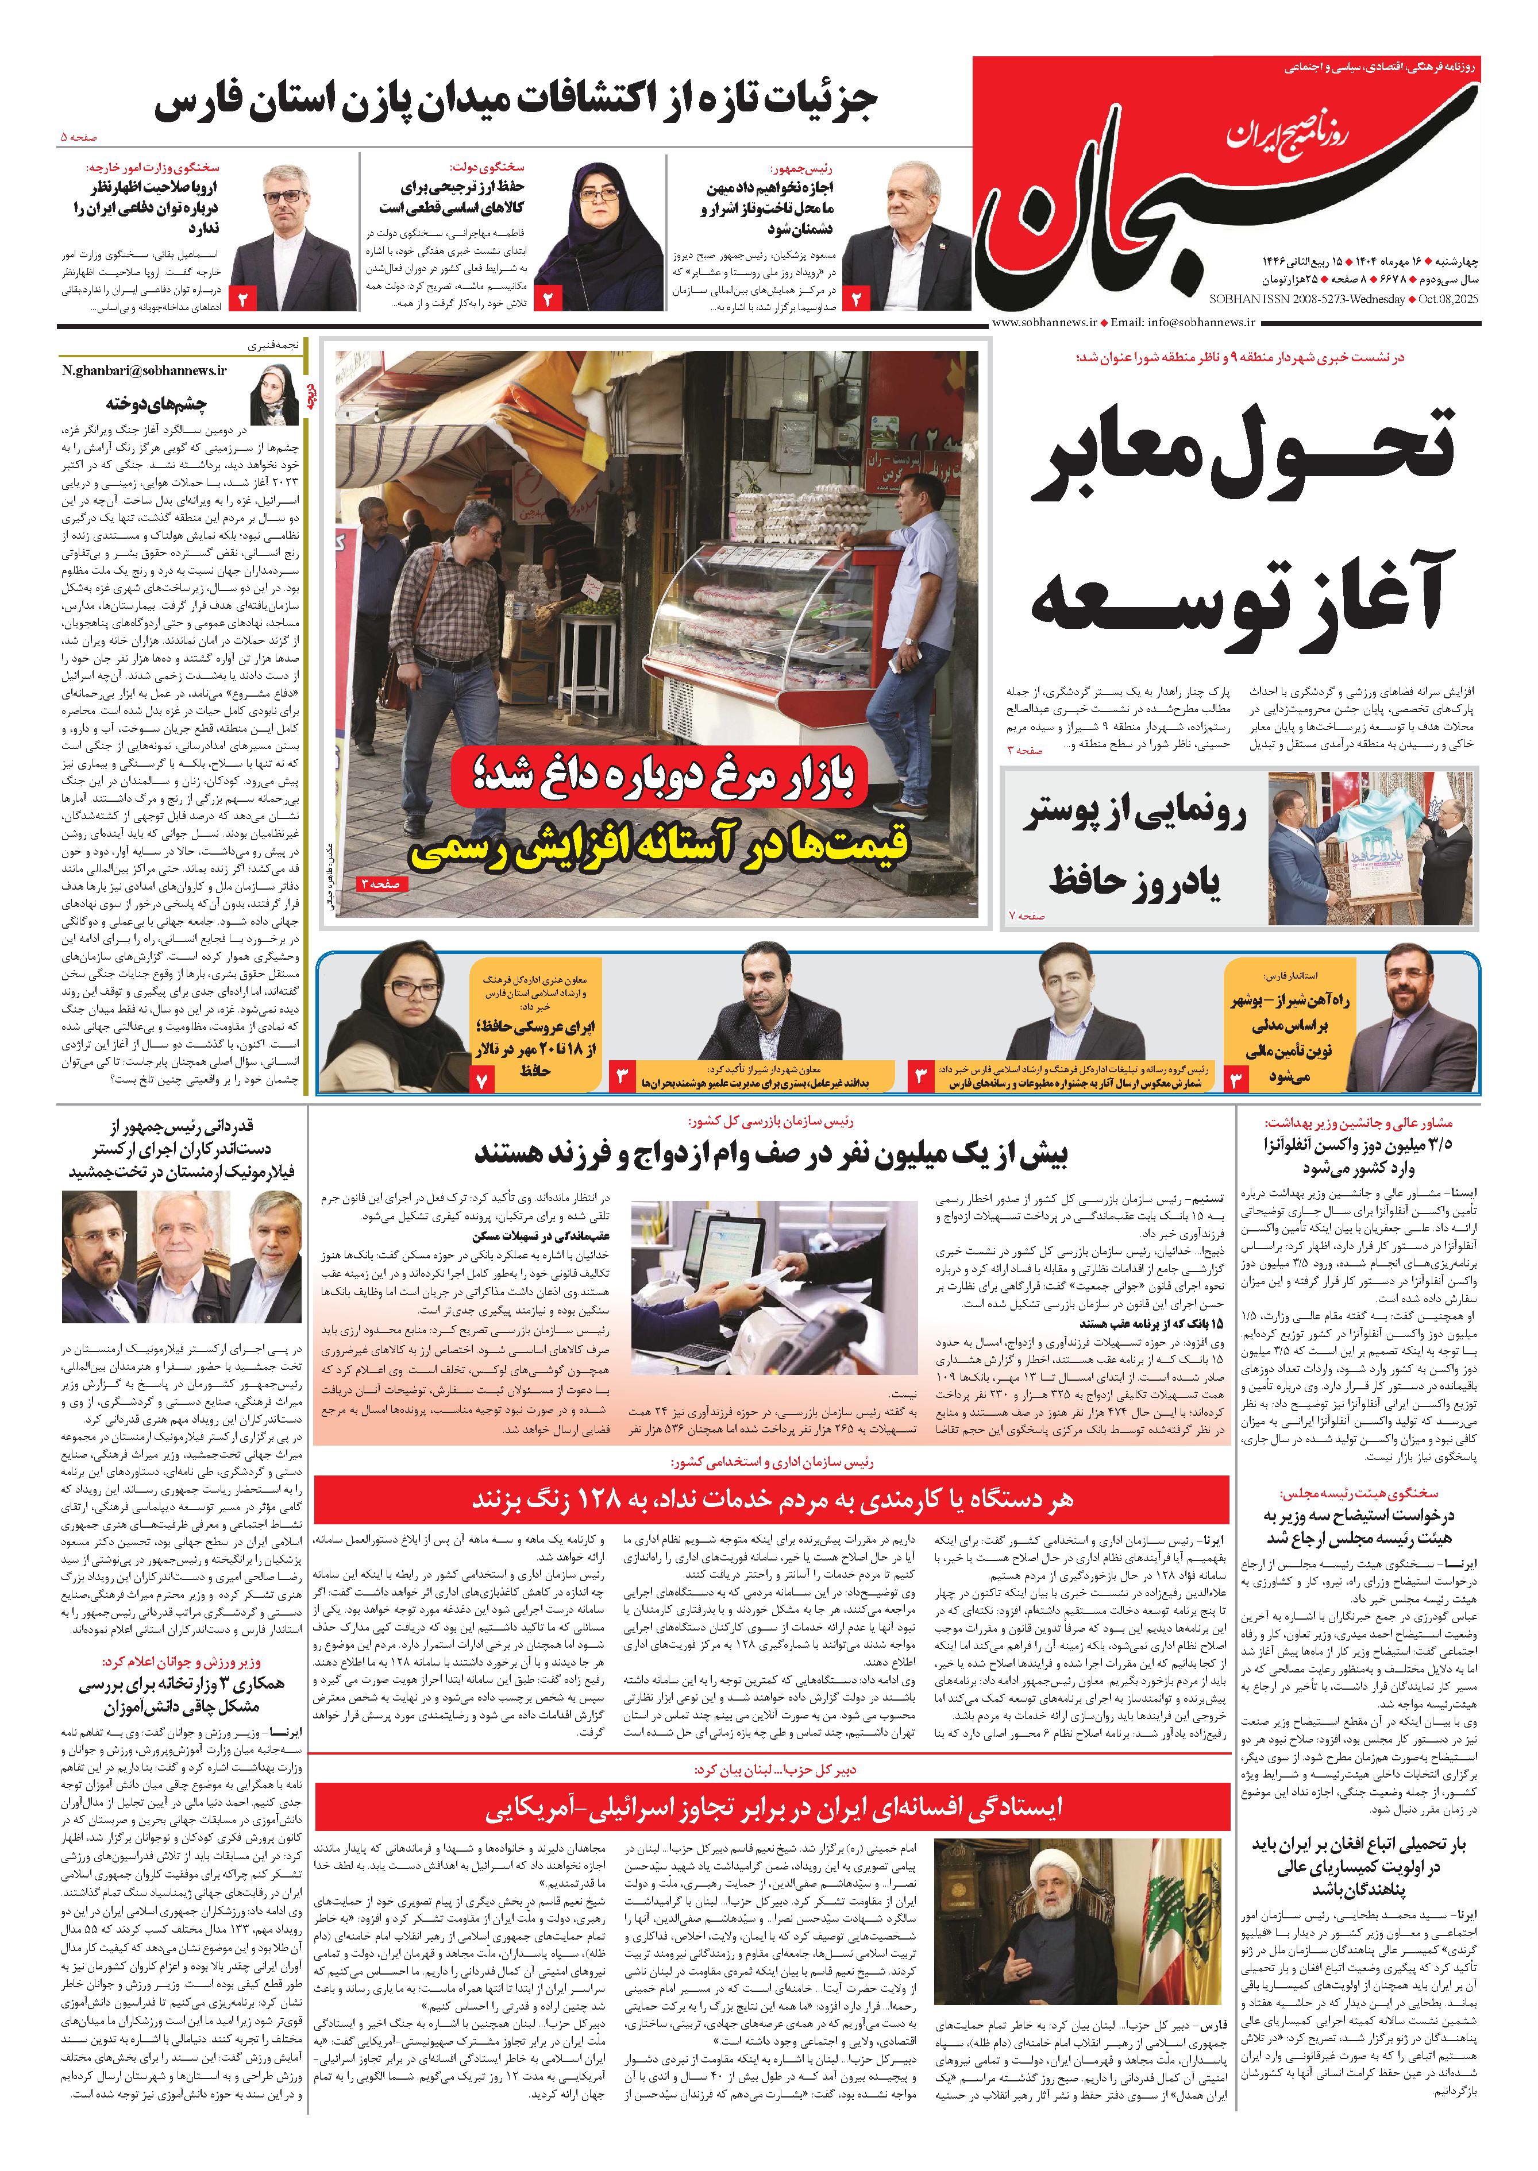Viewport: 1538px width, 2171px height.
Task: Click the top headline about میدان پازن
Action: (x=516, y=102)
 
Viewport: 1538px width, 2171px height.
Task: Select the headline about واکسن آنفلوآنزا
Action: (x=1358, y=1155)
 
